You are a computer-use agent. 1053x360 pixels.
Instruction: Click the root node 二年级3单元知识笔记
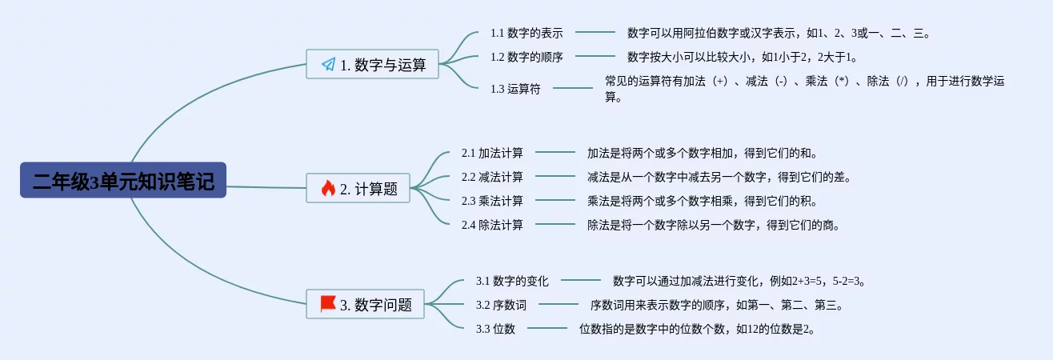tap(123, 181)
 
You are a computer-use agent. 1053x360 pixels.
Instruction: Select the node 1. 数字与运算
tap(373, 64)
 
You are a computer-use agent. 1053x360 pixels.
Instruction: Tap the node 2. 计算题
tap(358, 188)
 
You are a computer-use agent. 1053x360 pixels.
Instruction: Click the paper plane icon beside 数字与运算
tap(328, 64)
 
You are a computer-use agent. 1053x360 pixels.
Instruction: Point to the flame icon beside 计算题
tap(328, 188)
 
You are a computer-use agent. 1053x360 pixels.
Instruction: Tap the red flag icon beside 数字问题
tap(327, 304)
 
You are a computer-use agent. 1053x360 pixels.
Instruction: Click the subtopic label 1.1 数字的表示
tap(526, 33)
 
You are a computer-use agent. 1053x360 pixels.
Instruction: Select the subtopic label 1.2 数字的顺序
tap(526, 57)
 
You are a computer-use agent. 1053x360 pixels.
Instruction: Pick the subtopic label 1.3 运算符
tap(515, 89)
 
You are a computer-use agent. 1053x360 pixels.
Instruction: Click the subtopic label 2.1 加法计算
tap(492, 153)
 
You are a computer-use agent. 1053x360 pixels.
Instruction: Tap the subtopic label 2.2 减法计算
tap(492, 177)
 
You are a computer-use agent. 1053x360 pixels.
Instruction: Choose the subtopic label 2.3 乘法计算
tap(492, 201)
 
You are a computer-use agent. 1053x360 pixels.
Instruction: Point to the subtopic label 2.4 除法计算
tap(492, 225)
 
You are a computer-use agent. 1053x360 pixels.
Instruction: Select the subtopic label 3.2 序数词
tap(501, 305)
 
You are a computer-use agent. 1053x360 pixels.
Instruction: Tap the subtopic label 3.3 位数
tap(495, 329)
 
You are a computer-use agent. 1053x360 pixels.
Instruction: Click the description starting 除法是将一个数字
tap(713, 225)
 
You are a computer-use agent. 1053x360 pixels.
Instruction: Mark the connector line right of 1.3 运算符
tap(573, 88)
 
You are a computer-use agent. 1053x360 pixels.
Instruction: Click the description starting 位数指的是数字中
tap(698, 329)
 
